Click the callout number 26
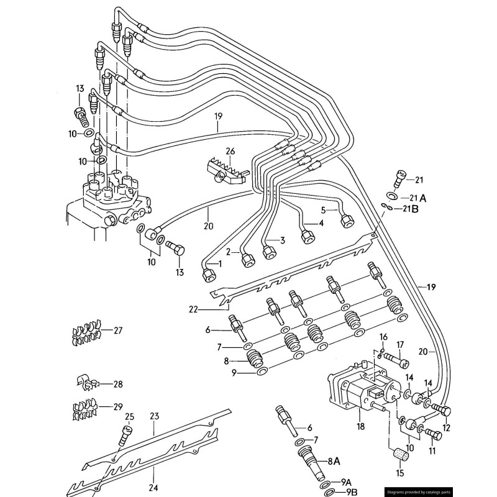[230, 151]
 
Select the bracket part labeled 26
[223, 170]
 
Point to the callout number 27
[117, 330]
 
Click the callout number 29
[117, 406]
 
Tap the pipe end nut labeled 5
[346, 221]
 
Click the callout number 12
[447, 427]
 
